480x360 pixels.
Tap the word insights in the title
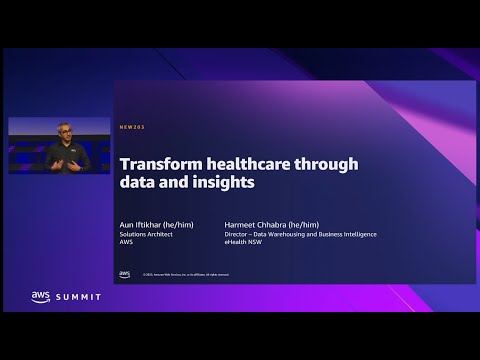(x=225, y=183)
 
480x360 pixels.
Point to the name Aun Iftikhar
(x=145, y=225)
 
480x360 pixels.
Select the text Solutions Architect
(x=146, y=234)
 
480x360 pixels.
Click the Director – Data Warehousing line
(x=301, y=234)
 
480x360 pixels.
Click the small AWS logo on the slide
(x=124, y=273)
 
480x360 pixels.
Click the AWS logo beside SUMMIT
(x=40, y=297)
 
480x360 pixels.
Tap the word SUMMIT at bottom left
(x=77, y=298)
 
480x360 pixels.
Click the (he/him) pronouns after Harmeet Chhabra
(x=301, y=225)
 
